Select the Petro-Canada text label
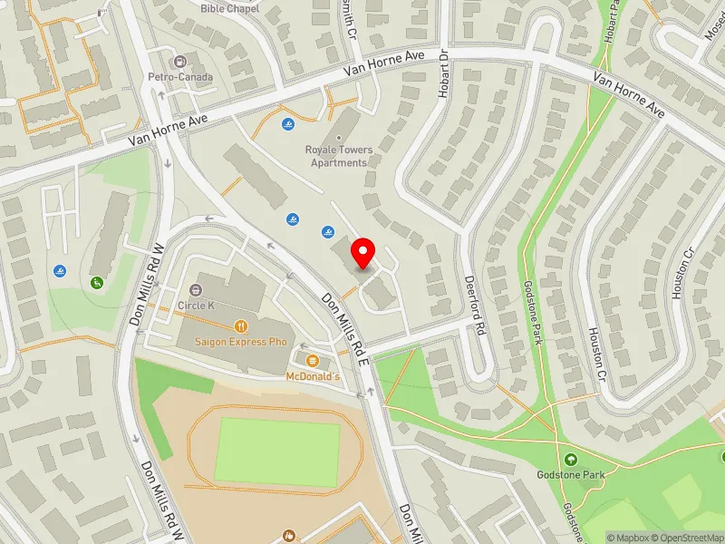pos(183,77)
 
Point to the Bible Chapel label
pos(229,8)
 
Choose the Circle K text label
pos(197,306)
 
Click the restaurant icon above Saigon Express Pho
pos(240,325)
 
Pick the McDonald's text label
pos(313,375)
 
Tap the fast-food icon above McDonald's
pos(313,360)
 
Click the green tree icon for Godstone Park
pos(571,460)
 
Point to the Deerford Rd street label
pos(477,305)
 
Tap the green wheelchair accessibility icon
pos(96,281)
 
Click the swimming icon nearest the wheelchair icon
pos(60,271)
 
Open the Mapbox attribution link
pos(628,538)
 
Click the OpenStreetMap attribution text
pos(689,538)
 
